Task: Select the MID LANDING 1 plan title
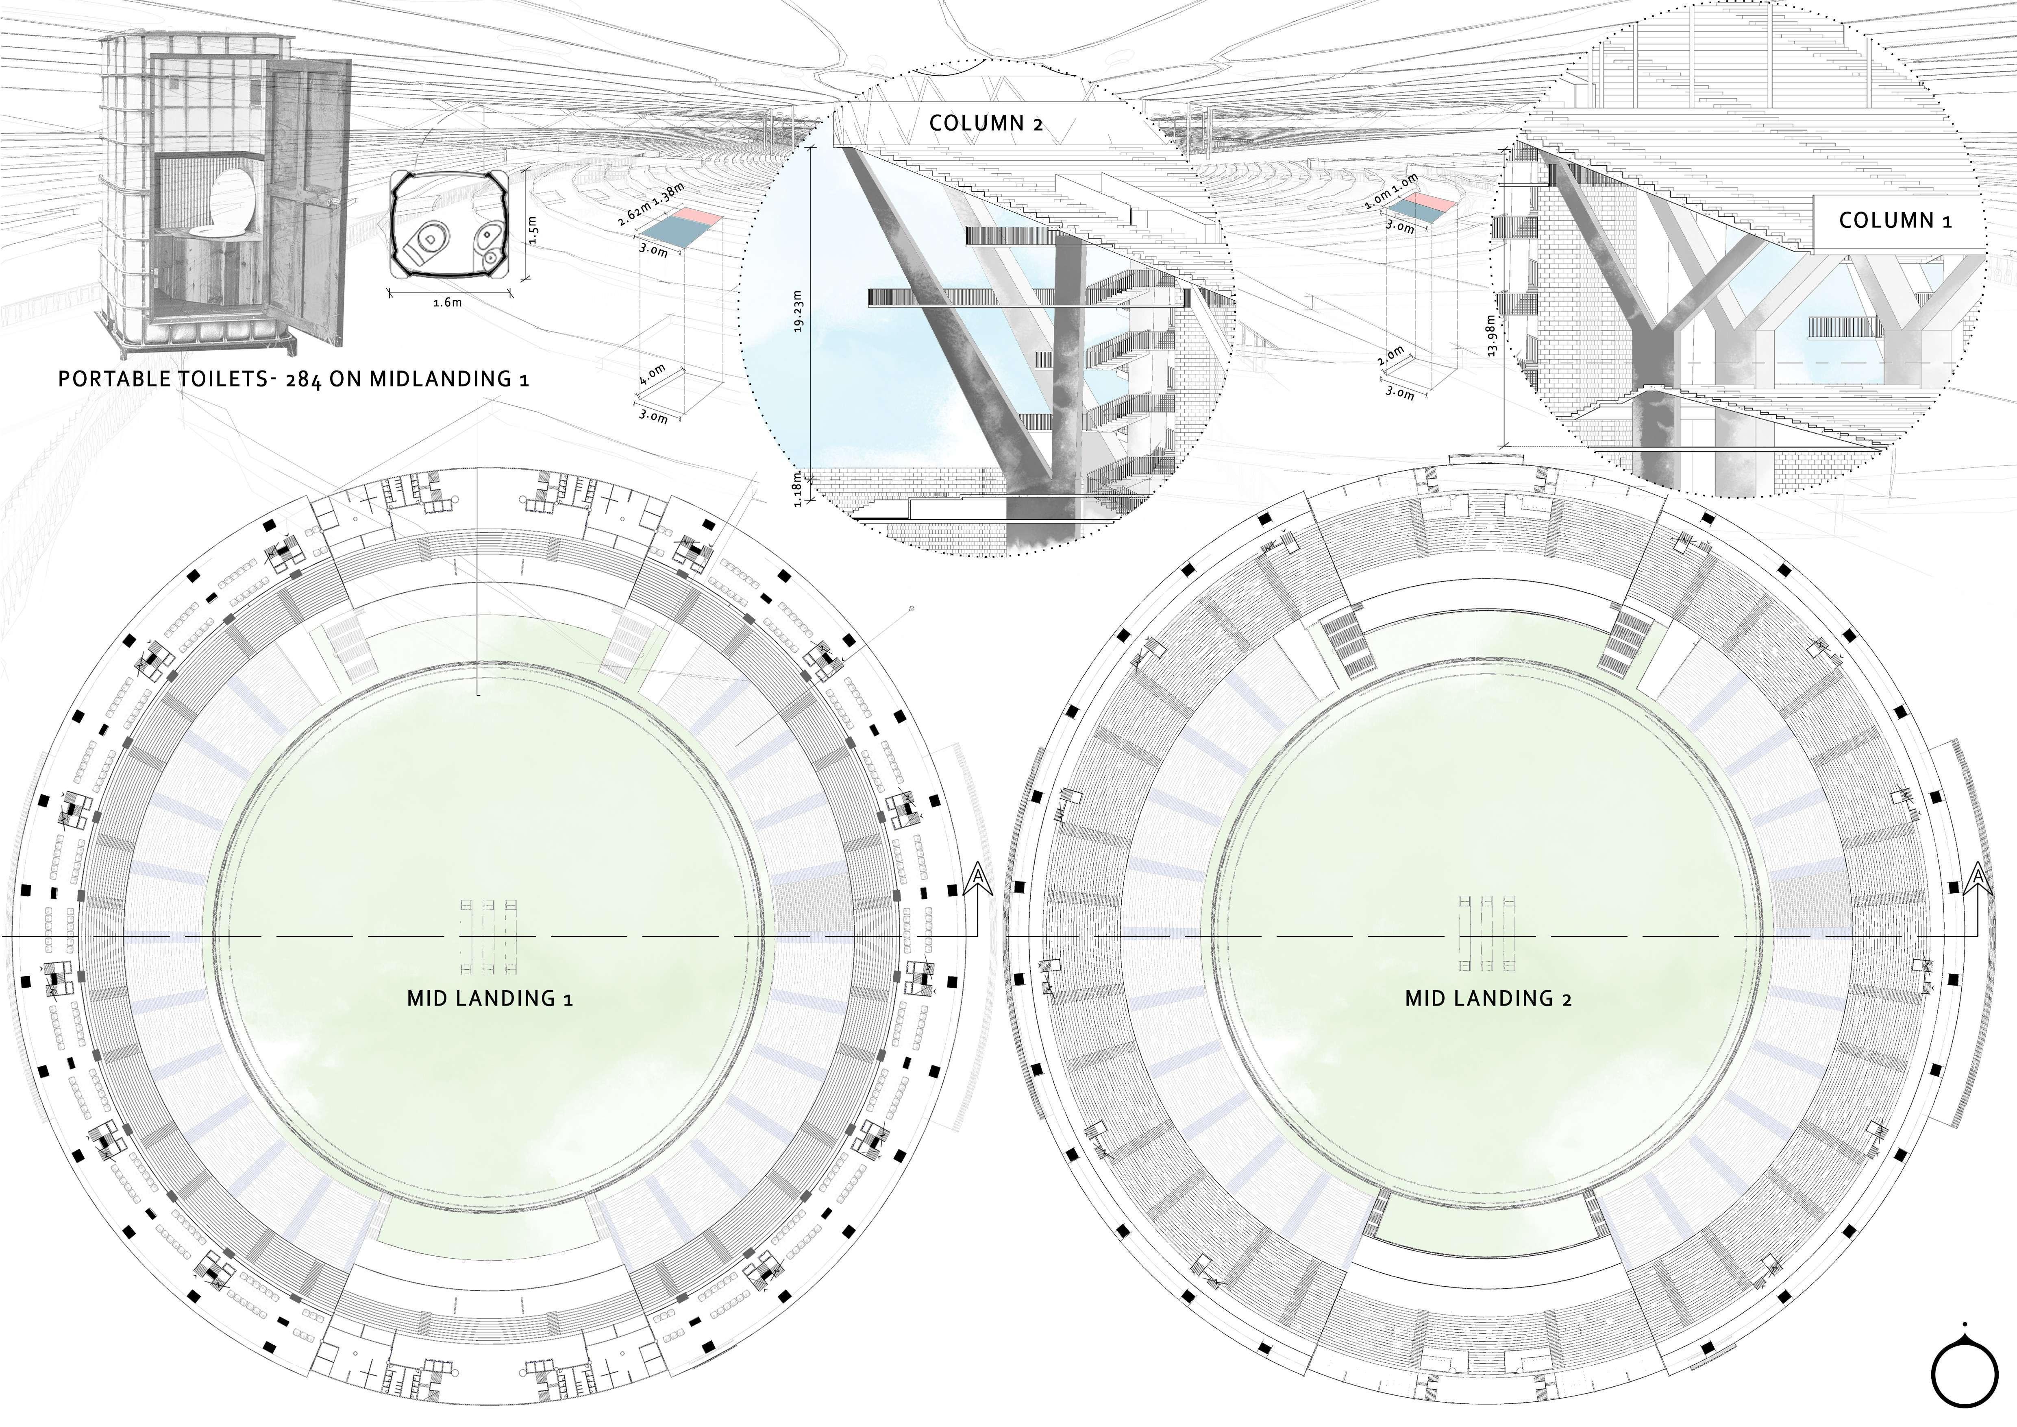click(490, 999)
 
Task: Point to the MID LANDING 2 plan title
click(1488, 999)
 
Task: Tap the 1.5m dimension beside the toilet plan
click(532, 231)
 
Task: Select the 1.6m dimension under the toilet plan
click(448, 303)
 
